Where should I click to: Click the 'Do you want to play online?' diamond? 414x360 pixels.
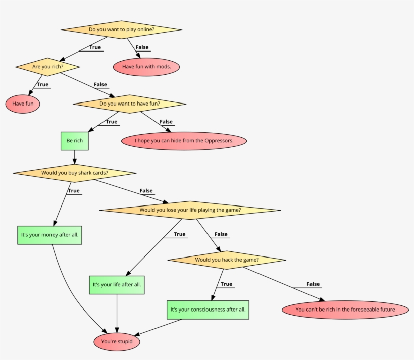[121, 30]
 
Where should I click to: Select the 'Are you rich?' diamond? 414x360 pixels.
[47, 67]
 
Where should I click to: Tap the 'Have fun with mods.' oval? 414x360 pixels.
[146, 67]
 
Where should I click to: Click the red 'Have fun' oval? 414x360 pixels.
[23, 104]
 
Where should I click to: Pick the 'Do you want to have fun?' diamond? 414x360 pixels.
[129, 104]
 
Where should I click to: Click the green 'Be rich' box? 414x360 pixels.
[75, 141]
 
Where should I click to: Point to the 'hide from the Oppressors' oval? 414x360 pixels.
[184, 141]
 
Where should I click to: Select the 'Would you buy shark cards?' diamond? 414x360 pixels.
[75, 173]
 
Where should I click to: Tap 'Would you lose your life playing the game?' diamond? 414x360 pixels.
[190, 210]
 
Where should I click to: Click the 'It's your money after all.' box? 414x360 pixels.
[49, 235]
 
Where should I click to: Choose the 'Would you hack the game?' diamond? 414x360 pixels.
[227, 260]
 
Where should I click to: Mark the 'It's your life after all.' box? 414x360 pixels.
[117, 285]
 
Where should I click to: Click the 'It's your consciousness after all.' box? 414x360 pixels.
[209, 310]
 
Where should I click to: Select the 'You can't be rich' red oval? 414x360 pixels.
[345, 310]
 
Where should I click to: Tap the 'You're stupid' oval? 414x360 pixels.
[117, 342]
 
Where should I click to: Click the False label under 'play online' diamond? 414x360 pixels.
[142, 47]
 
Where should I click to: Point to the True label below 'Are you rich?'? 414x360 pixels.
[43, 84]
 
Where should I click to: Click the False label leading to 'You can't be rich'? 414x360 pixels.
[313, 284]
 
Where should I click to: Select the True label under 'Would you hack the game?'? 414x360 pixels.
[226, 284]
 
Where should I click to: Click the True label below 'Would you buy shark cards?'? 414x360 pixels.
[74, 191]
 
